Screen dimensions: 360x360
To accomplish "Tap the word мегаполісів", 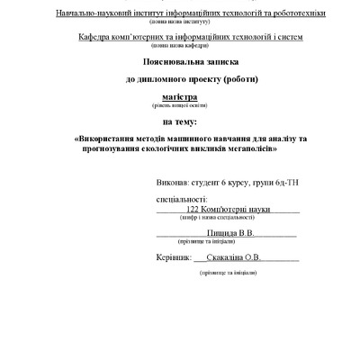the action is (x=241, y=148).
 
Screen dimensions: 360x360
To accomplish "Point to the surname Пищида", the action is (x=220, y=232).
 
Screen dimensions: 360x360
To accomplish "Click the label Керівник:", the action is (x=174, y=257).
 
